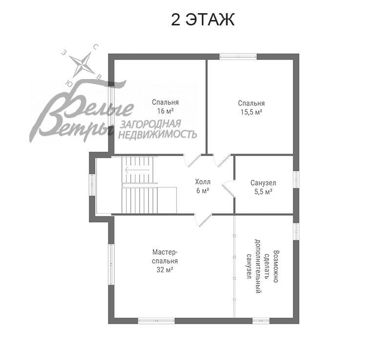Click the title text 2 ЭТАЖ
[x=203, y=20]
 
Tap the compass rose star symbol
[x=82, y=62]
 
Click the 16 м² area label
[x=165, y=111]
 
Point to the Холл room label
[x=203, y=182]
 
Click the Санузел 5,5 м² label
[x=263, y=187]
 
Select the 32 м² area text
[x=165, y=269]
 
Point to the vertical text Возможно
[x=276, y=267]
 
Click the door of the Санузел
[x=228, y=187]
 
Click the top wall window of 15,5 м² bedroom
[x=238, y=57]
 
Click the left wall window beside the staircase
[x=91, y=184]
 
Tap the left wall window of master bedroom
[x=111, y=263]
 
